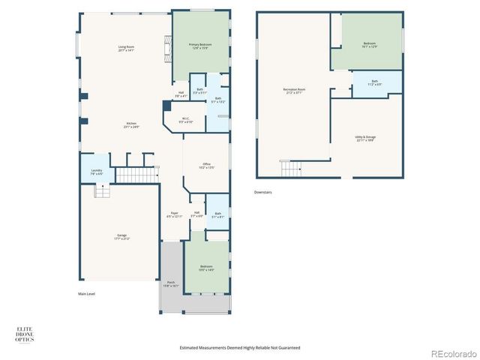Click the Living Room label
[x=125, y=49]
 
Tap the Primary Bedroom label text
[x=199, y=46]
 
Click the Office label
[x=206, y=166]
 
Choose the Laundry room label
[x=97, y=172]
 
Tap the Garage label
[x=121, y=236]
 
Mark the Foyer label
[x=173, y=216]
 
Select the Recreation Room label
[x=293, y=91]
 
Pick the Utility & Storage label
[x=365, y=138]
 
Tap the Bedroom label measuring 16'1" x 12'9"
[x=369, y=45]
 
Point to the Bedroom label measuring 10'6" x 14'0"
[x=206, y=268]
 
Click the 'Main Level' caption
[x=87, y=293]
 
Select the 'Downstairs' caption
[x=262, y=192]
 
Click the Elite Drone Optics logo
[x=25, y=334]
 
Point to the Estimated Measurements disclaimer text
[x=240, y=347]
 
